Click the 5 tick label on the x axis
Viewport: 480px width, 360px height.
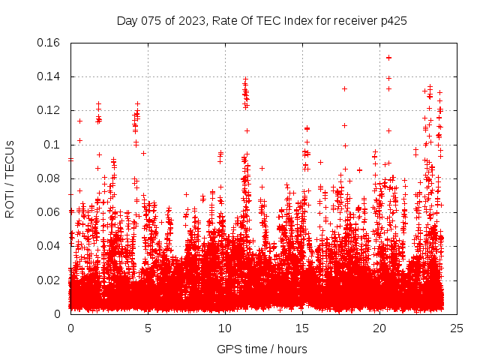pyautogui.click(x=148, y=328)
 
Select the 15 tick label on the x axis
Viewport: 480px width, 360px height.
pyautogui.click(x=302, y=328)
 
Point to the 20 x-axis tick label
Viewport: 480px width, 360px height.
pyautogui.click(x=379, y=328)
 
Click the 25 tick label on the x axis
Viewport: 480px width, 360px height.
pyautogui.click(x=457, y=328)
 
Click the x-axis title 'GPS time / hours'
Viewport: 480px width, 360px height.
pyautogui.click(x=262, y=349)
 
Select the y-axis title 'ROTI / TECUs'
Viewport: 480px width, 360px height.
pyautogui.click(x=10, y=178)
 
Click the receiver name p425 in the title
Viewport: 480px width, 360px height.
pyautogui.click(x=394, y=21)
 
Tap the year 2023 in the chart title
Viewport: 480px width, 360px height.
pyautogui.click(x=191, y=21)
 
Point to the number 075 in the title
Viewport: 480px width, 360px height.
pyautogui.click(x=152, y=21)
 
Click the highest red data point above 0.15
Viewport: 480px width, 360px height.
pyautogui.click(x=388, y=57)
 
